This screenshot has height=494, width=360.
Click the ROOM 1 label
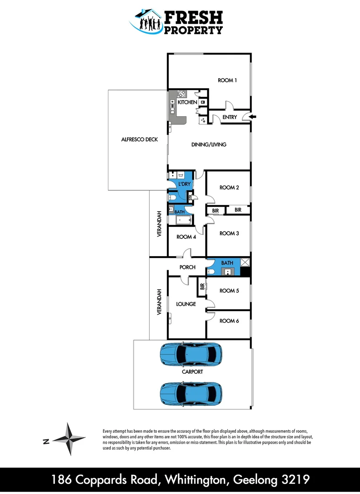(227, 81)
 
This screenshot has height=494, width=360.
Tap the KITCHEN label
(188, 102)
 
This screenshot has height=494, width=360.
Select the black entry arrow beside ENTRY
(253, 118)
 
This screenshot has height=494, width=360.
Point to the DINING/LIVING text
(209, 145)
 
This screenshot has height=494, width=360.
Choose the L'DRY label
(184, 184)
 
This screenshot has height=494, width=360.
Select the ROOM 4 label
(186, 237)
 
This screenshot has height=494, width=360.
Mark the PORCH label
(188, 267)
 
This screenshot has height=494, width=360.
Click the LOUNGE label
(186, 304)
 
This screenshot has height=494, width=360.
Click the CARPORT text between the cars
(192, 372)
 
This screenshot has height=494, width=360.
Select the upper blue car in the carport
(191, 354)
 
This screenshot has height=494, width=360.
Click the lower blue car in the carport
(191, 392)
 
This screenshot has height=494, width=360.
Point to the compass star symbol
(68, 439)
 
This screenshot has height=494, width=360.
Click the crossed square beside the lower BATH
(245, 263)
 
